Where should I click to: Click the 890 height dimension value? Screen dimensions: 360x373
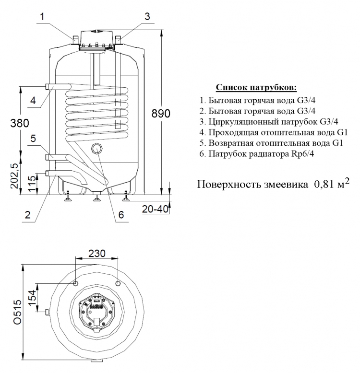[x=161, y=114]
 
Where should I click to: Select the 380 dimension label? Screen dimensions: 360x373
[x=20, y=123]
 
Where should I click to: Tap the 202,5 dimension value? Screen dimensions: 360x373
[x=15, y=176]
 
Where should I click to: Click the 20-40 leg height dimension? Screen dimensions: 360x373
[x=155, y=209]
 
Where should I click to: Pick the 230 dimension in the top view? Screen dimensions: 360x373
[x=97, y=253]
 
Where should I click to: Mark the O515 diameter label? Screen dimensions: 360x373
[x=17, y=312]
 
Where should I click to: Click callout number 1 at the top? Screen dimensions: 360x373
[x=42, y=17]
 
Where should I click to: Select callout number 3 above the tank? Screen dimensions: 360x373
[x=147, y=16]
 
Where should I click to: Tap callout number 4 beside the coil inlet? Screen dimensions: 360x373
[x=33, y=100]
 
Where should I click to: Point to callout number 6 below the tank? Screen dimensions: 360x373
[x=121, y=215]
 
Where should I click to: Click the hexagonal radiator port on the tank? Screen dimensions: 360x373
[x=97, y=149]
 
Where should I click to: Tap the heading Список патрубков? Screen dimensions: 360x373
[x=256, y=88]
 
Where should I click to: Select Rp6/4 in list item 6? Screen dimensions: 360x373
[x=302, y=154]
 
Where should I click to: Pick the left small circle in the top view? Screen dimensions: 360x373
[x=75, y=283]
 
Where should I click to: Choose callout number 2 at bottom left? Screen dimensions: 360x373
[x=28, y=215]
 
